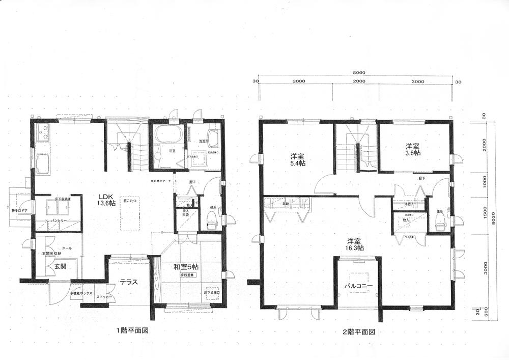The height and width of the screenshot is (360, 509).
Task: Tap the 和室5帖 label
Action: pos(186,266)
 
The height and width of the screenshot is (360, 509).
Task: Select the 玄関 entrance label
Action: pos(53,266)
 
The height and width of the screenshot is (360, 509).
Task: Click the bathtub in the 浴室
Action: pos(167,134)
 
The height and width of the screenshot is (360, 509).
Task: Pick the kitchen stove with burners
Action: pos(42,133)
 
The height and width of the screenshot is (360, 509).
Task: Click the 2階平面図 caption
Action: pos(358,331)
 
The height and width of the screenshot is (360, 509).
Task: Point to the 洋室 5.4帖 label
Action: pos(298,159)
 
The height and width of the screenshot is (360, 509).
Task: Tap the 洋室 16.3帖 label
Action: pos(355,244)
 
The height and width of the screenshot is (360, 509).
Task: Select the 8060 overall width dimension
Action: pos(358,73)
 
